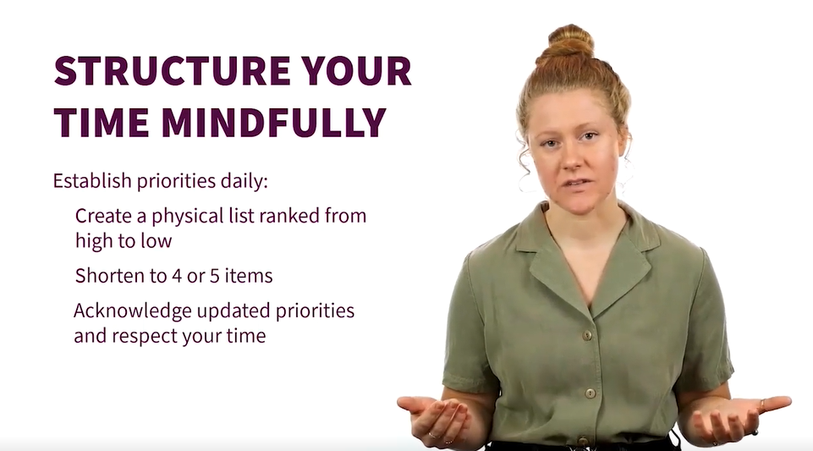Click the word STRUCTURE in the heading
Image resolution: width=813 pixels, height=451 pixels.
coord(172,70)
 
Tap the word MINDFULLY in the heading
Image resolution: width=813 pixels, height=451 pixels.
coord(274,123)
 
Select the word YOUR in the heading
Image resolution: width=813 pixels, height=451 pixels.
coord(357,70)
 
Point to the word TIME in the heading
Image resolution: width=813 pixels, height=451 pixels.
coord(102,123)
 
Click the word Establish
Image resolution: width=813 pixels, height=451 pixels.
coord(92,180)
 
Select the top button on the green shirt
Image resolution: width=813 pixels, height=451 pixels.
coord(587,335)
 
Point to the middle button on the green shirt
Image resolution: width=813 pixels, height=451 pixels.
coord(590,393)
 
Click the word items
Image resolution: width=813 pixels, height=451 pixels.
coord(249,276)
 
